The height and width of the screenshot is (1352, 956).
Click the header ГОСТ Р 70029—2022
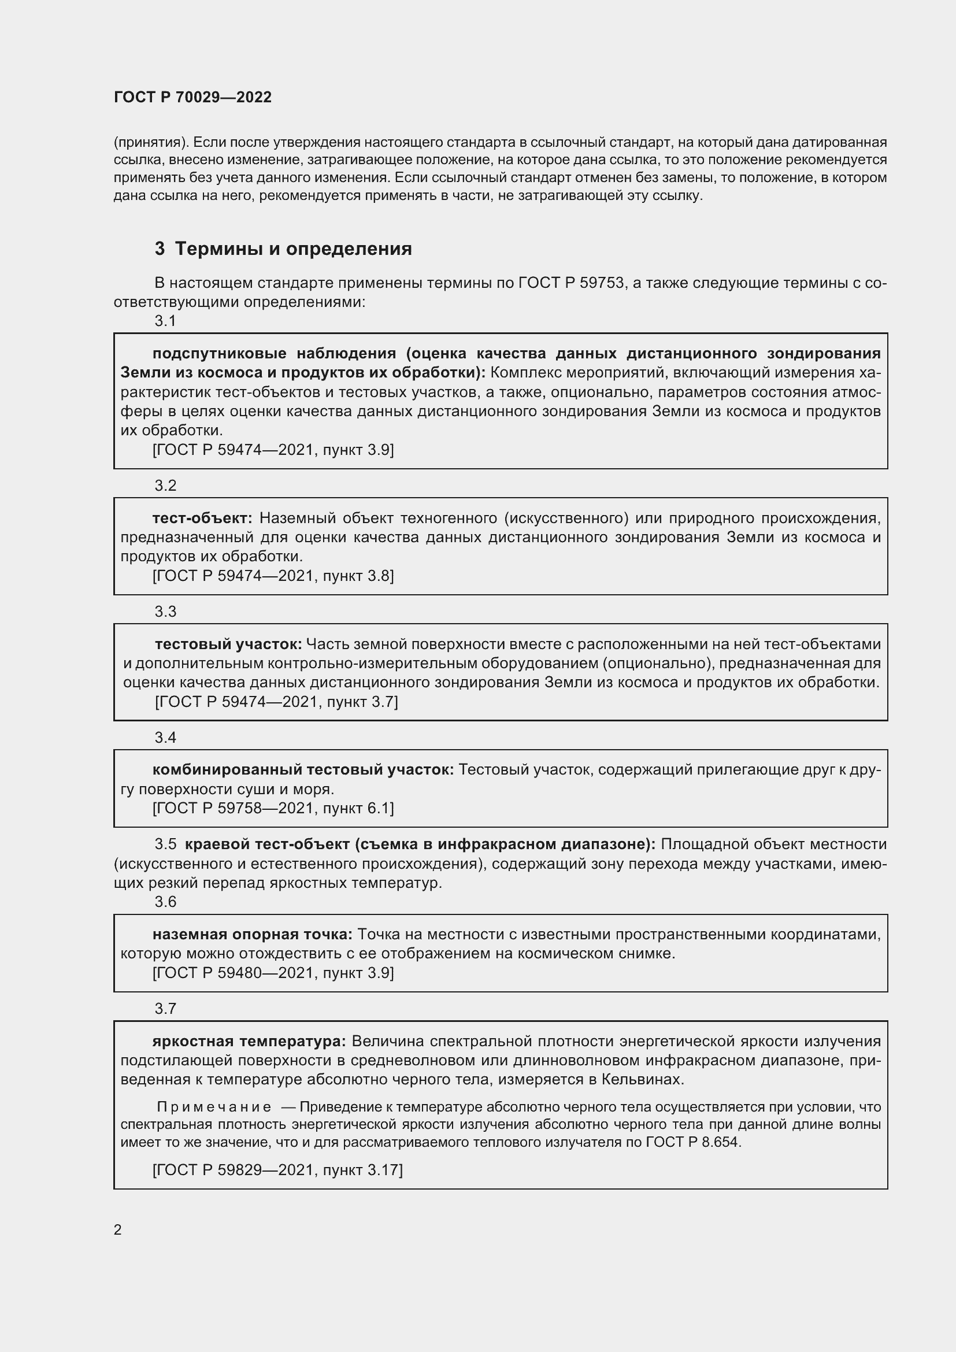[192, 97]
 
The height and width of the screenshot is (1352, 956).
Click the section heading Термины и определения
[293, 249]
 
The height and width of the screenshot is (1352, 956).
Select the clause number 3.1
[165, 321]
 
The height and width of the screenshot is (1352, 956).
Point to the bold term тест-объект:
[202, 517]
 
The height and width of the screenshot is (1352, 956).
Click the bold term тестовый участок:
[228, 644]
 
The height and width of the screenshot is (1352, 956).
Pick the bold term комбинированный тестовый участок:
[302, 769]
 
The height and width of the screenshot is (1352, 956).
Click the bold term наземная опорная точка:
[252, 934]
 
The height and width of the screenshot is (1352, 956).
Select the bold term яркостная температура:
[249, 1041]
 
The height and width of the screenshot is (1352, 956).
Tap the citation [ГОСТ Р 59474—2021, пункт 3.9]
[273, 450]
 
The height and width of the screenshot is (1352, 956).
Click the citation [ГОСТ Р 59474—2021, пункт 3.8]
[273, 575]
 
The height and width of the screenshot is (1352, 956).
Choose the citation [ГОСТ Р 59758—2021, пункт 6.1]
[273, 808]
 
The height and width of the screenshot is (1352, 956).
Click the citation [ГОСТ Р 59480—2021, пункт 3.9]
[273, 972]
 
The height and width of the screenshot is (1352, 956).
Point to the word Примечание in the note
[214, 1107]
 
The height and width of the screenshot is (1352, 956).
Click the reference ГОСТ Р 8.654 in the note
[692, 1142]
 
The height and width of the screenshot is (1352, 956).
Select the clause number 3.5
[165, 844]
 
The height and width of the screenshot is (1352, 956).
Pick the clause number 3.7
[165, 1009]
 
